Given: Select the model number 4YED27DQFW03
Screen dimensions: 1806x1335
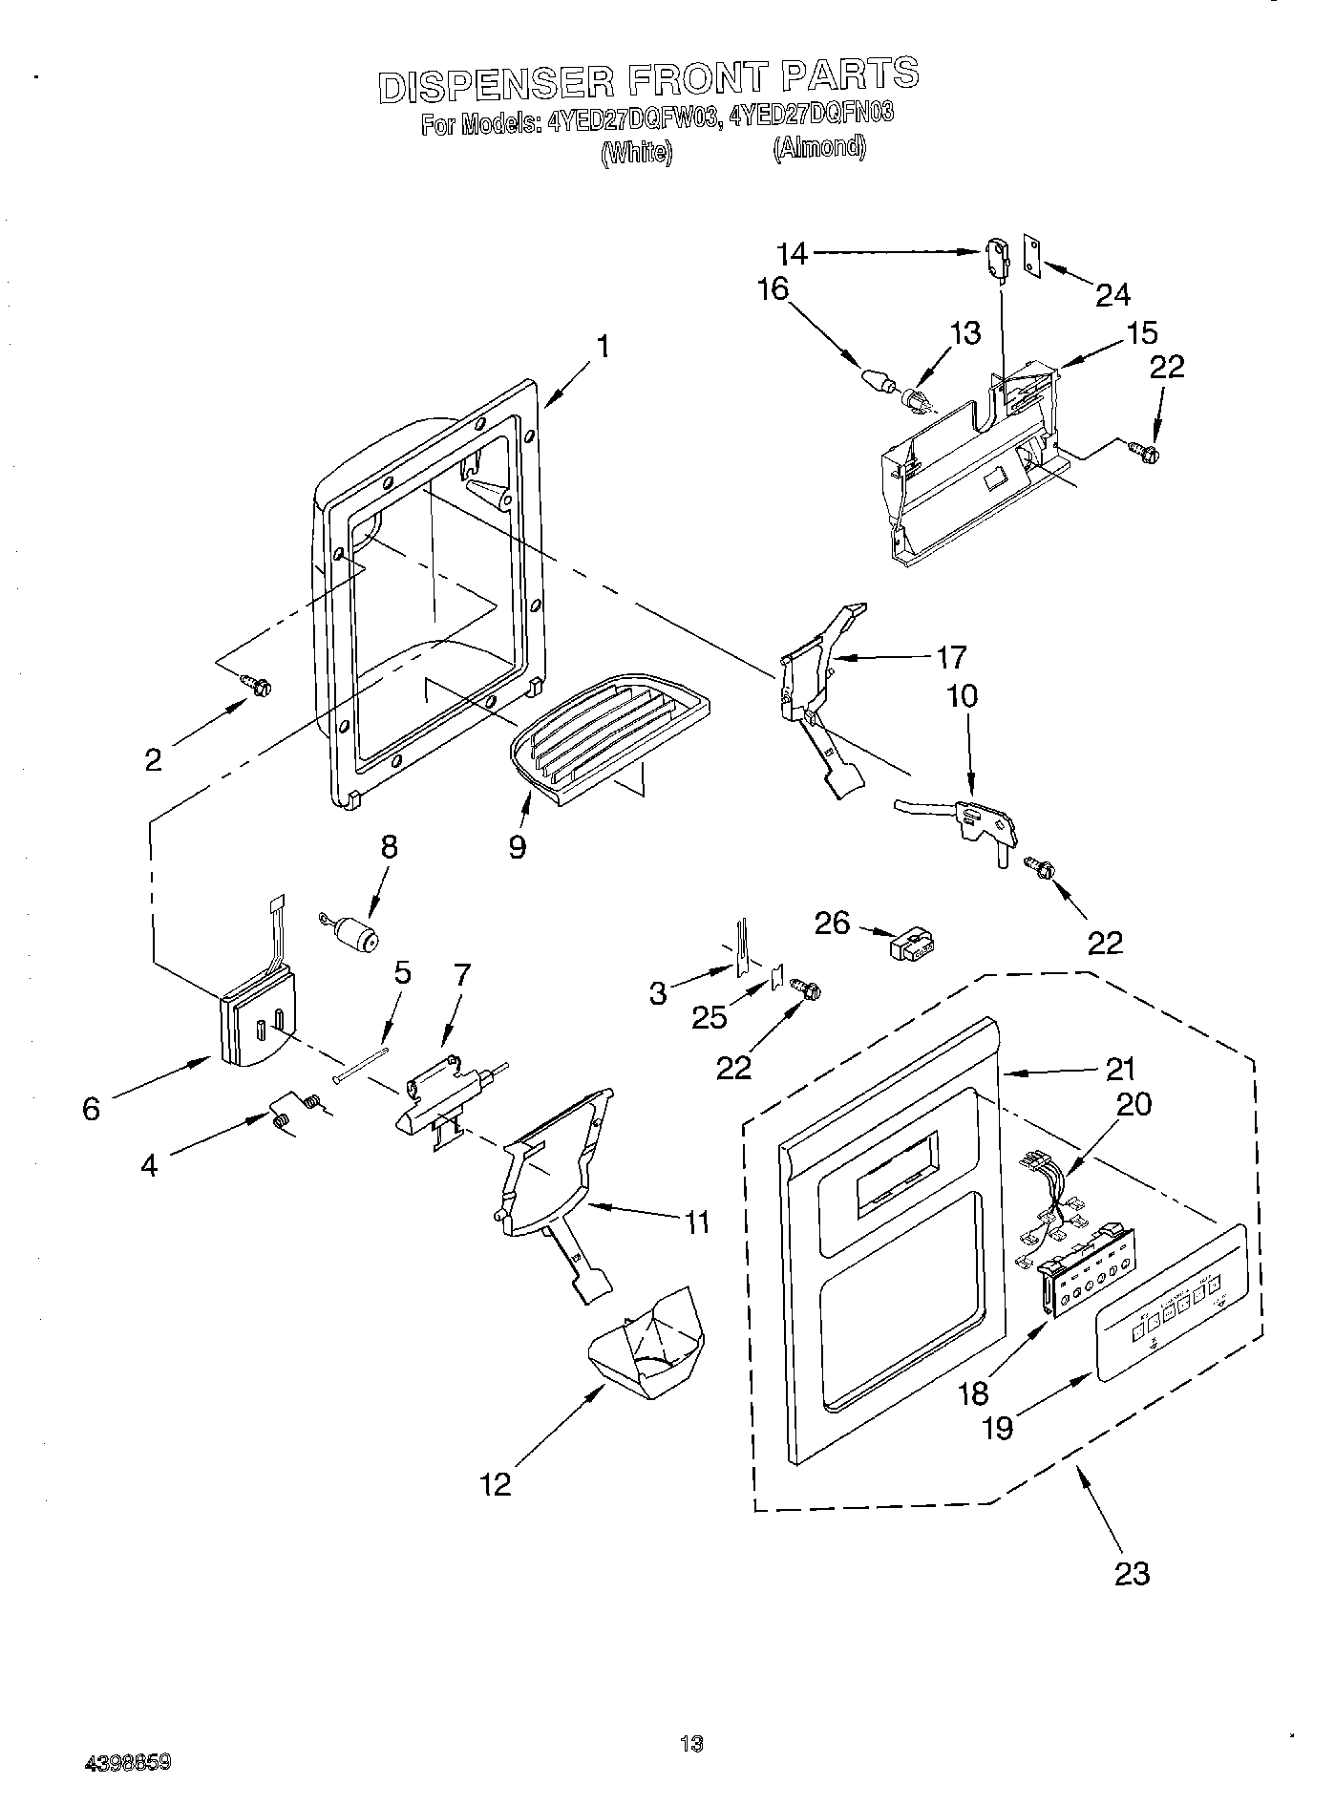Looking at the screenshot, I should tap(633, 122).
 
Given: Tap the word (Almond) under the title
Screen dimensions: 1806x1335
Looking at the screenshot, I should tap(819, 148).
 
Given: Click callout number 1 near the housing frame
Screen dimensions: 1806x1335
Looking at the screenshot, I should tap(603, 347).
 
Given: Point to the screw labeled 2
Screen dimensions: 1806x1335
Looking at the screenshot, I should tap(256, 683).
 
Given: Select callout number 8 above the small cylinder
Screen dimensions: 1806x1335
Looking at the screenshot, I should tap(389, 847).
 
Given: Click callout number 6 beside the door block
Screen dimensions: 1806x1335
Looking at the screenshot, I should tap(91, 1109).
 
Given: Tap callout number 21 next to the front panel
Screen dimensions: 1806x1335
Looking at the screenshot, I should tap(1120, 1069).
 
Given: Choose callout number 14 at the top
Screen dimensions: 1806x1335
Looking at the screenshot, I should tap(793, 254).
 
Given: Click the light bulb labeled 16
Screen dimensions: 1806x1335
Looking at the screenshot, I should tap(877, 381).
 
